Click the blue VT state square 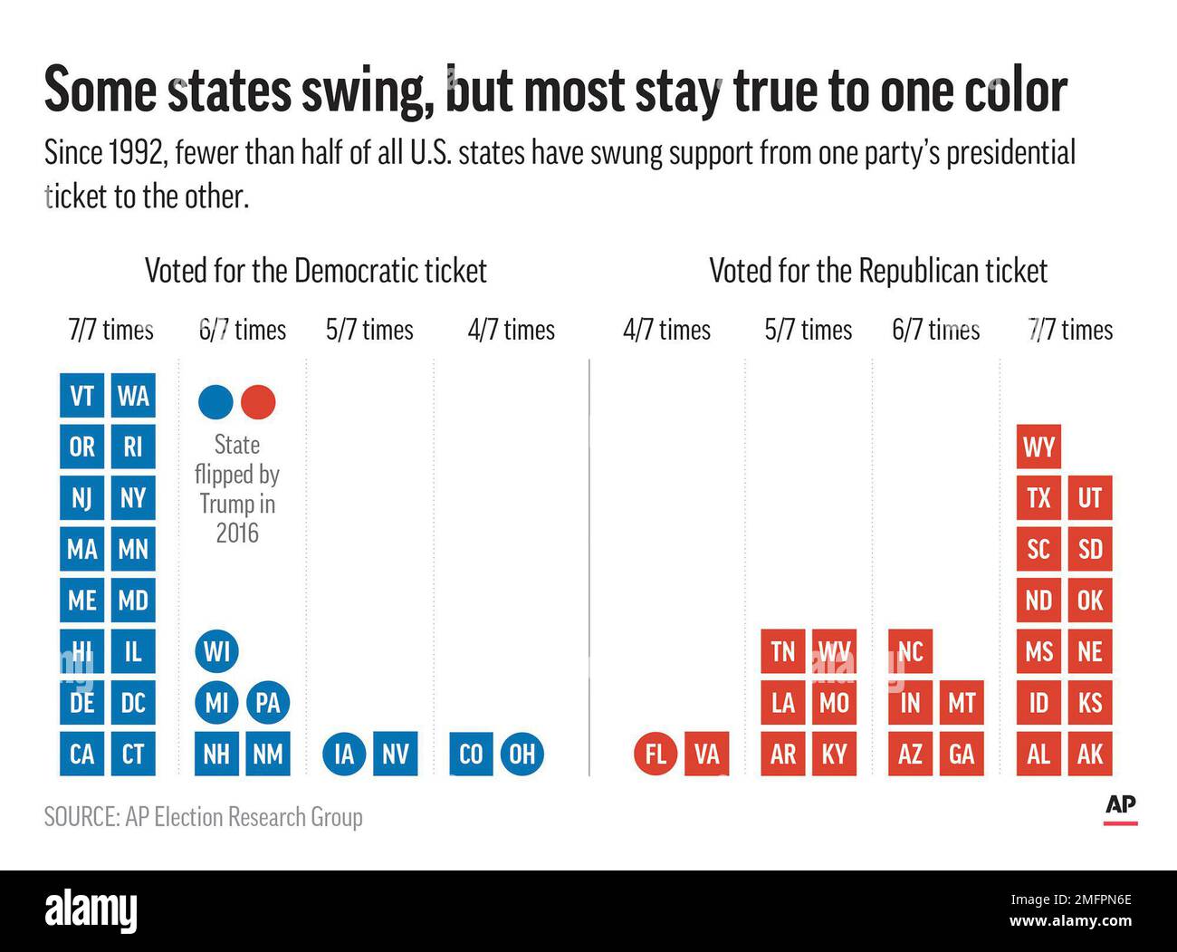click(x=82, y=396)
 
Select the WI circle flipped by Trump click(x=217, y=651)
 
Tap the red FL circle click(x=655, y=754)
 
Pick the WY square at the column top click(x=1038, y=447)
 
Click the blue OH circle click(x=522, y=754)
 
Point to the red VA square click(x=706, y=754)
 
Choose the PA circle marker click(x=268, y=702)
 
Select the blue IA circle click(x=344, y=754)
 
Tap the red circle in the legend click(x=258, y=401)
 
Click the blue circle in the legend click(x=215, y=401)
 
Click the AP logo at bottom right click(x=1120, y=808)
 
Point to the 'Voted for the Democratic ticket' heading click(x=316, y=271)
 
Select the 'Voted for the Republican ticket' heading click(x=878, y=271)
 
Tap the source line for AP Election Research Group click(x=204, y=817)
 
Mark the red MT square click(x=962, y=702)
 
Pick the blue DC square click(x=133, y=702)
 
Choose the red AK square click(x=1090, y=754)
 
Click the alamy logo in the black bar click(x=91, y=909)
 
